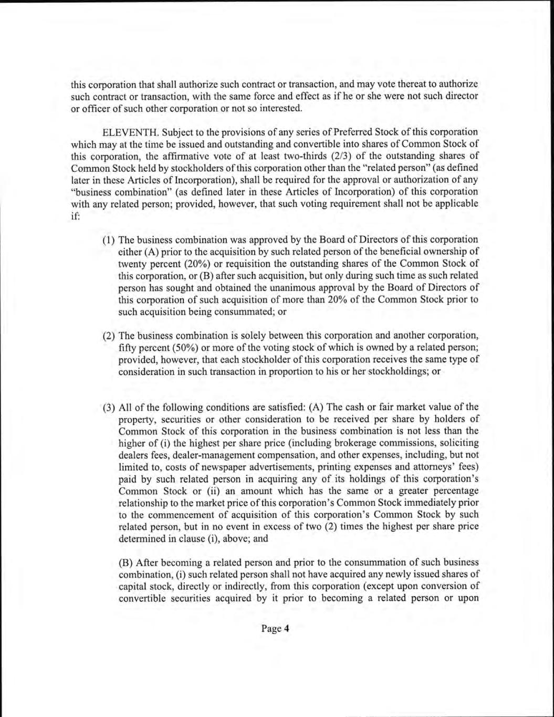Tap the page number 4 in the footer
[x=287, y=629]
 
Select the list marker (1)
[x=109, y=240]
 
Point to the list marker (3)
[x=109, y=407]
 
